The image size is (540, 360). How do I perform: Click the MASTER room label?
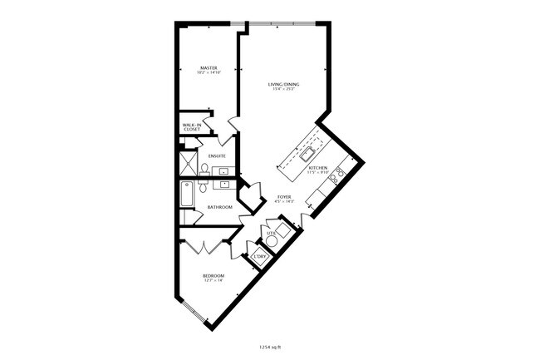208,68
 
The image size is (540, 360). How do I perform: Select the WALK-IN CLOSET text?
191,128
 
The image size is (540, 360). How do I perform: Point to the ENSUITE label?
218,156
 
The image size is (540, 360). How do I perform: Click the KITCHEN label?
318,168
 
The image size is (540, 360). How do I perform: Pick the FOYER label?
284,197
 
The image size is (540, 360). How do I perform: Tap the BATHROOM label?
219,207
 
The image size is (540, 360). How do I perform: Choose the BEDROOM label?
214,275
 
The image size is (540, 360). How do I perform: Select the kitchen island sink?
307,152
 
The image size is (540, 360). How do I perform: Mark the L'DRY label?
259,256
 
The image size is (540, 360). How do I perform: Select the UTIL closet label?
272,234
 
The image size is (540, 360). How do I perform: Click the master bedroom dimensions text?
208,73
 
